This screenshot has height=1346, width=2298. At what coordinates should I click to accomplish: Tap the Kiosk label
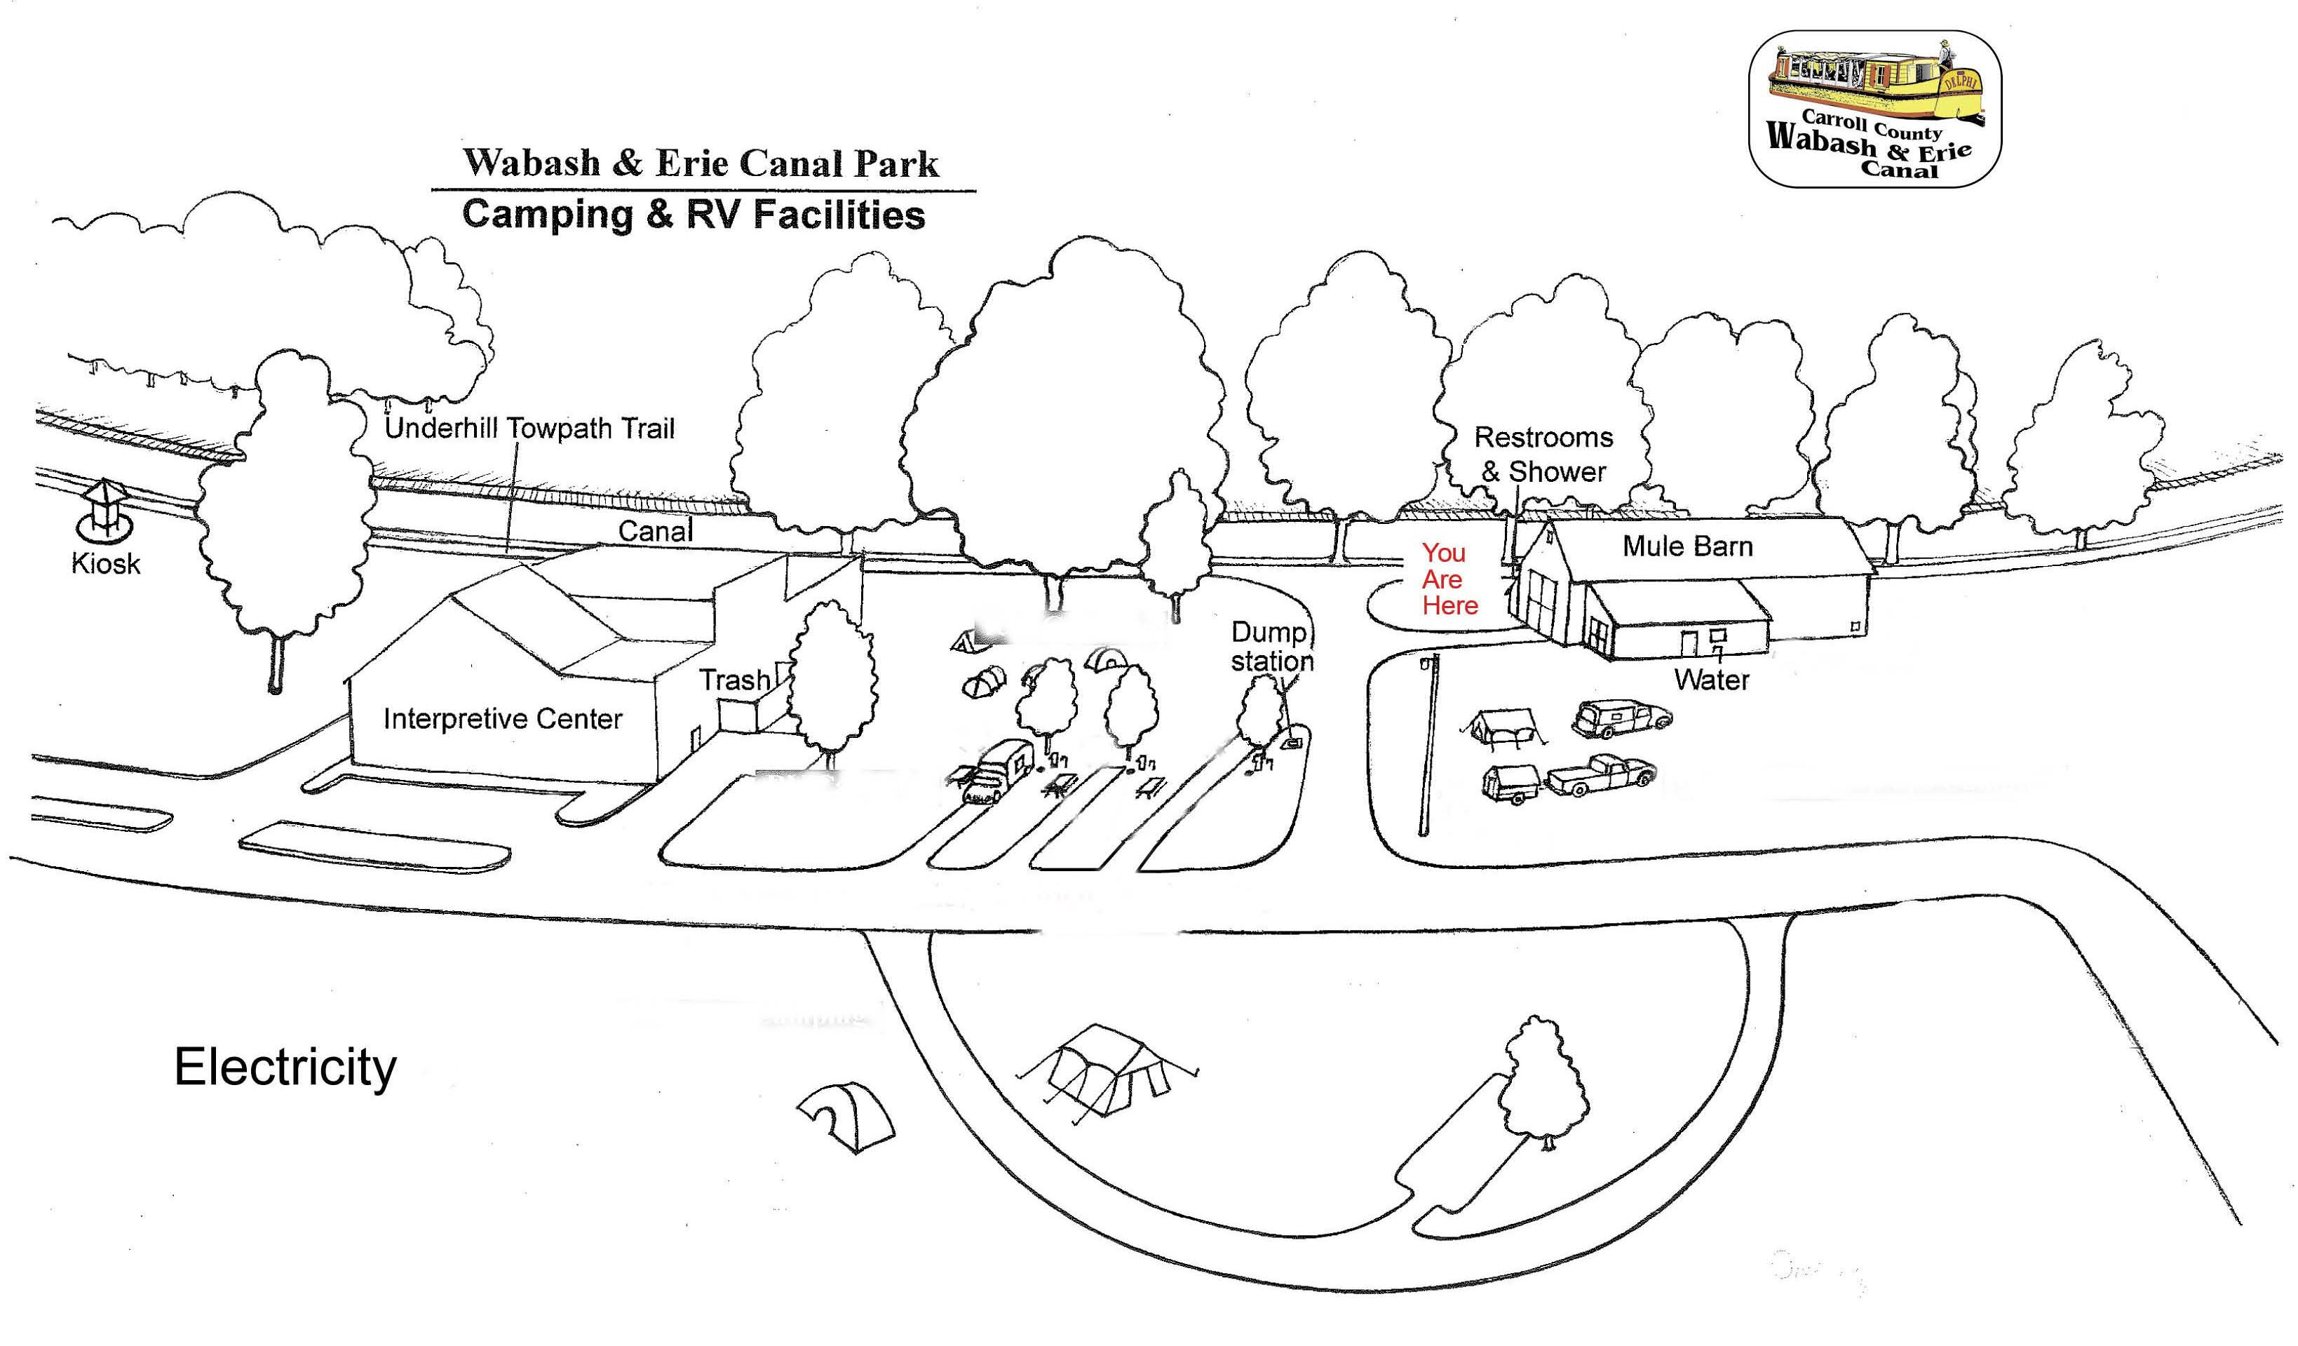[106, 563]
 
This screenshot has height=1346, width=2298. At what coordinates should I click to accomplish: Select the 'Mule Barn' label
[1687, 546]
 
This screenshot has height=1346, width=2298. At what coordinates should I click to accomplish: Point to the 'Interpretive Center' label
[503, 719]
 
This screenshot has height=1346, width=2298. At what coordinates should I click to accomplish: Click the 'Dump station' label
[1271, 647]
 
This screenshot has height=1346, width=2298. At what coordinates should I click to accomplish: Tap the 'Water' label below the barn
[1711, 680]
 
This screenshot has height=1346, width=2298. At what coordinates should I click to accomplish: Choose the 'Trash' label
[734, 680]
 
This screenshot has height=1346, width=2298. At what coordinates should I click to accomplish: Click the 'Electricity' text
[285, 1067]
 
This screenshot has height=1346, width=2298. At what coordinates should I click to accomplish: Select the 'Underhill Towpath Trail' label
[529, 428]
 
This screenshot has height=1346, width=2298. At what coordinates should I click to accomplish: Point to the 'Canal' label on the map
[655, 531]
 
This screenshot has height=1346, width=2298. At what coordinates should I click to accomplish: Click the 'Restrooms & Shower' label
[1543, 454]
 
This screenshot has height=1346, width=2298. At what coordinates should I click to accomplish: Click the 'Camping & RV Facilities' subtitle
[693, 215]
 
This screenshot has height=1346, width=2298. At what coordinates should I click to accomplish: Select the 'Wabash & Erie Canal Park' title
[701, 163]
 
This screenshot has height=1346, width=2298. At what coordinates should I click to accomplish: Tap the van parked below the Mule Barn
[1621, 718]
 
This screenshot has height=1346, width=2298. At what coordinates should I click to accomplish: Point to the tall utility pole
[1427, 743]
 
